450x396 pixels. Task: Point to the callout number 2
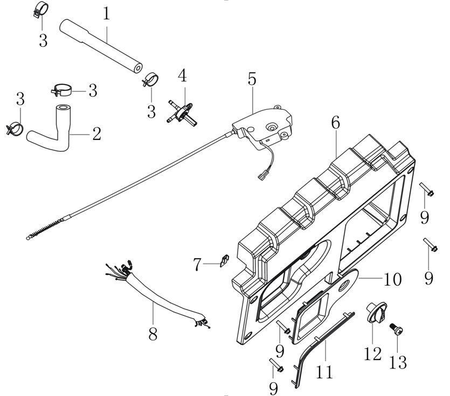[96, 134]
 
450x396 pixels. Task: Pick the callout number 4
[183, 76]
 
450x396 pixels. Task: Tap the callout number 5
[252, 79]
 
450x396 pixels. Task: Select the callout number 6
[335, 123]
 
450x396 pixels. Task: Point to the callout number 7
[197, 265]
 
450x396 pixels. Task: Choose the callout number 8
[153, 335]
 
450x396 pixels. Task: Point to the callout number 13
[398, 362]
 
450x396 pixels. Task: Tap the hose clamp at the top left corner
[40, 10]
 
